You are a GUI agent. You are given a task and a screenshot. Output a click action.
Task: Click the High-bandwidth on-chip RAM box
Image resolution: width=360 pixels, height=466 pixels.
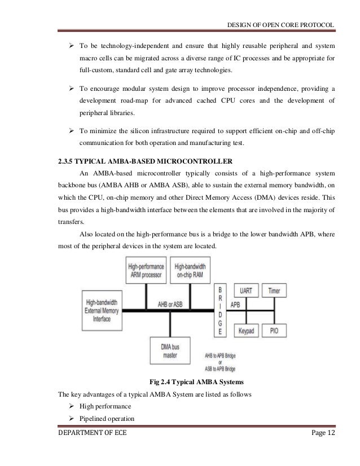pyautogui.click(x=189, y=270)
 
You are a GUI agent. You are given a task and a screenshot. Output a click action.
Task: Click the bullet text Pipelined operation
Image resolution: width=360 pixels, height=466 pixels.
pyautogui.click(x=108, y=419)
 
